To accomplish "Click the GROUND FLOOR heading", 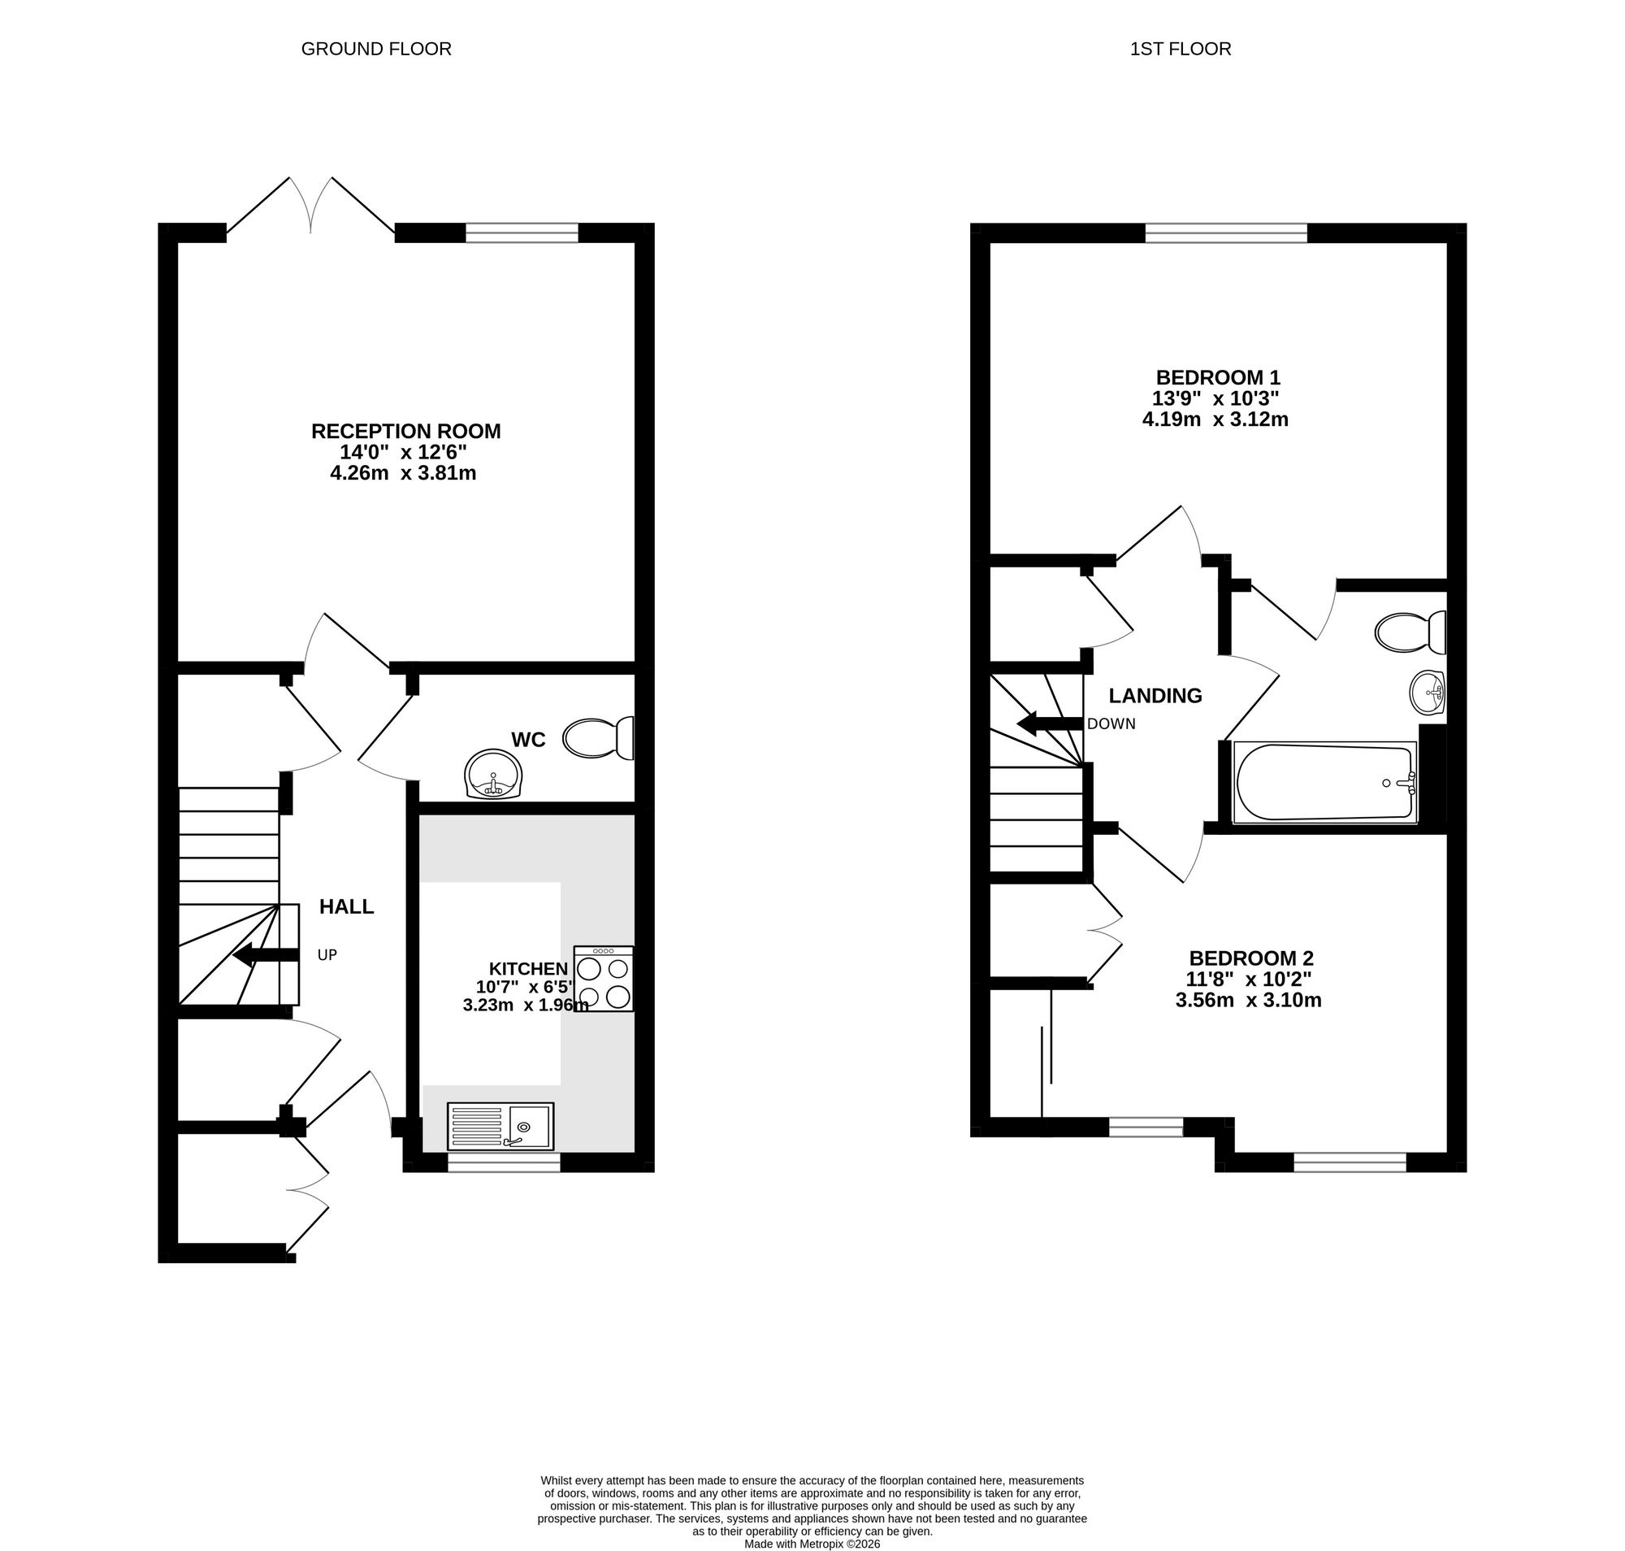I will coord(376,49).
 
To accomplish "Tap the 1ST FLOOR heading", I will coord(1180,49).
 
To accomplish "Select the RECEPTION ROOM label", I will coord(405,431).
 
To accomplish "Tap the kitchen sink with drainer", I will coord(500,1126).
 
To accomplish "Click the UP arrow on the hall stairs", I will coord(265,955).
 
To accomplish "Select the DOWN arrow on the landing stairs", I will coord(1049,723).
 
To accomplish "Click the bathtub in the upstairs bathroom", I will coord(1324,782).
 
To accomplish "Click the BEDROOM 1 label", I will coord(1217,377).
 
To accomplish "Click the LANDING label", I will coord(1155,695).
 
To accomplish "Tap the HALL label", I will coord(346,906).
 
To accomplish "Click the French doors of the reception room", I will coord(311,206).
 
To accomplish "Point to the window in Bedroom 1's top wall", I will coord(1226,234).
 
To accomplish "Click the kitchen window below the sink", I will coord(504,1162).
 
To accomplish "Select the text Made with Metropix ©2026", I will coord(812,1543).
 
